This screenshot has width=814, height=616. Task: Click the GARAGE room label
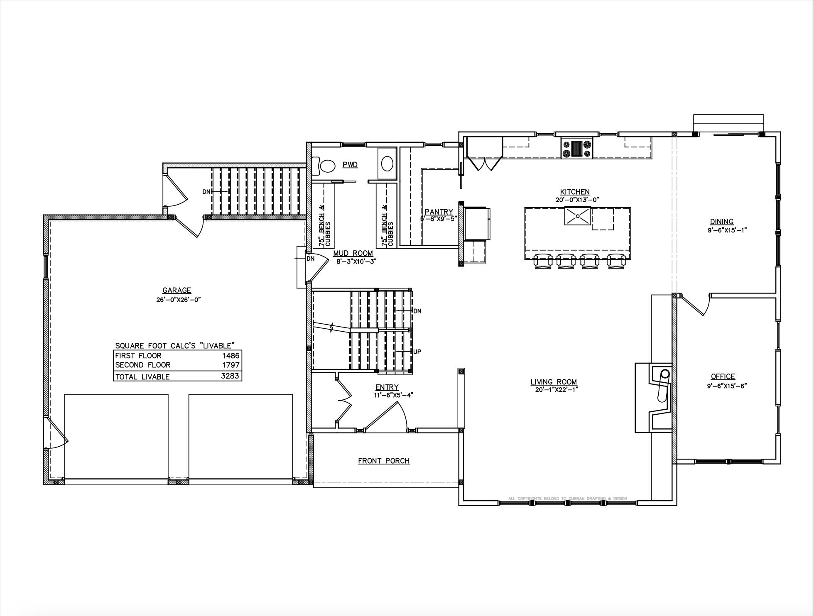[177, 291]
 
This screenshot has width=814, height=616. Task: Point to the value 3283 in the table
[230, 376]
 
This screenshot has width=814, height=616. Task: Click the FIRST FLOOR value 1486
[230, 356]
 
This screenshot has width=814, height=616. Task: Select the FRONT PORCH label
[384, 461]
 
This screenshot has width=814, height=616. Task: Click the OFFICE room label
[723, 376]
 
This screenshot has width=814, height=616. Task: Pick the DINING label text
[721, 222]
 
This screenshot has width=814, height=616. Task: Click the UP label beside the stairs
[417, 352]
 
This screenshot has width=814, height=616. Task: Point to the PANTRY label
[439, 212]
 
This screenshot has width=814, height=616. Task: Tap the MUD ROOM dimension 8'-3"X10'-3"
[356, 262]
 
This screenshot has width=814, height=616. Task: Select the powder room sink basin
[387, 164]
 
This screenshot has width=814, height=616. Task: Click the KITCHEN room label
[575, 192]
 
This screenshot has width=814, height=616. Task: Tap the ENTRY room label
[387, 387]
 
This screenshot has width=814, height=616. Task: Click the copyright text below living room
[567, 499]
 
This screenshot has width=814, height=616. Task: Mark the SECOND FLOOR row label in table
[143, 365]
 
